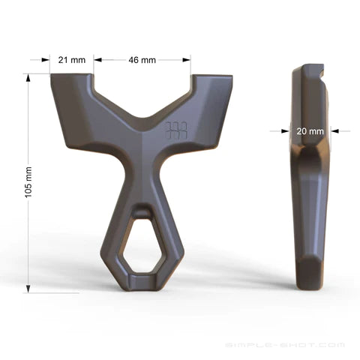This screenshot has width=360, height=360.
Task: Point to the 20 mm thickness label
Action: [310, 130]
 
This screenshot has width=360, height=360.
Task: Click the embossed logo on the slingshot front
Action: [174, 130]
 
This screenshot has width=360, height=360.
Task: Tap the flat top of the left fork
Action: [72, 77]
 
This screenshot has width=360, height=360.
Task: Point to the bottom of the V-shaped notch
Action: [142, 118]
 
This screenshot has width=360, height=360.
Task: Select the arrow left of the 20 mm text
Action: [286, 130]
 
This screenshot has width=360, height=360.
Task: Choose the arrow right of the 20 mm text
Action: [335, 130]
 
